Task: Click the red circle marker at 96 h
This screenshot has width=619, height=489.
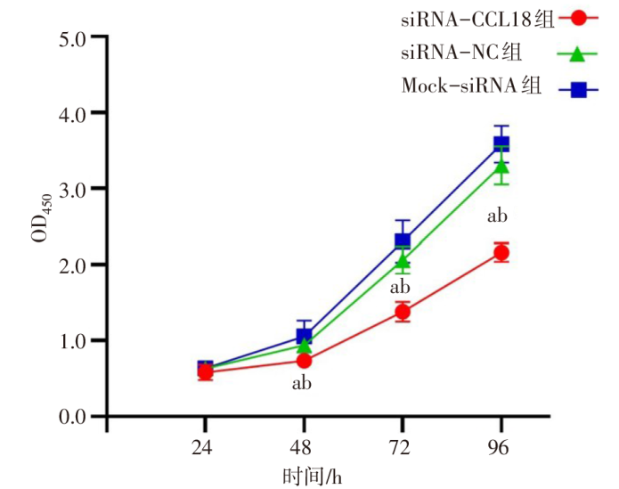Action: [x=501, y=253]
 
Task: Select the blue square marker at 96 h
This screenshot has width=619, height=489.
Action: [x=501, y=143]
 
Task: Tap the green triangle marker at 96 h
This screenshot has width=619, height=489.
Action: [x=501, y=166]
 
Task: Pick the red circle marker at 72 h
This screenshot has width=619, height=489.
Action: [x=403, y=312]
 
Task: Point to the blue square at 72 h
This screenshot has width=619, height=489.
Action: [x=403, y=240]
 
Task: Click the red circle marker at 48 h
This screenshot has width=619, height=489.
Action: [x=304, y=360]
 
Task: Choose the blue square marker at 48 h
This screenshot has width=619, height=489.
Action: [x=304, y=336]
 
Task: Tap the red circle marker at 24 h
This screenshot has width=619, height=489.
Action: [x=205, y=372]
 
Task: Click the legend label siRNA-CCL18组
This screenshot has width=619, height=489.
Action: [x=471, y=16]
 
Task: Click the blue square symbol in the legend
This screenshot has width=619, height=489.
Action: [x=577, y=88]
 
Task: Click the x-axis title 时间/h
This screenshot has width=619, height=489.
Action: [x=311, y=477]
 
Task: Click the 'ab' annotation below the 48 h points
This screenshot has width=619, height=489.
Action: [x=302, y=384]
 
